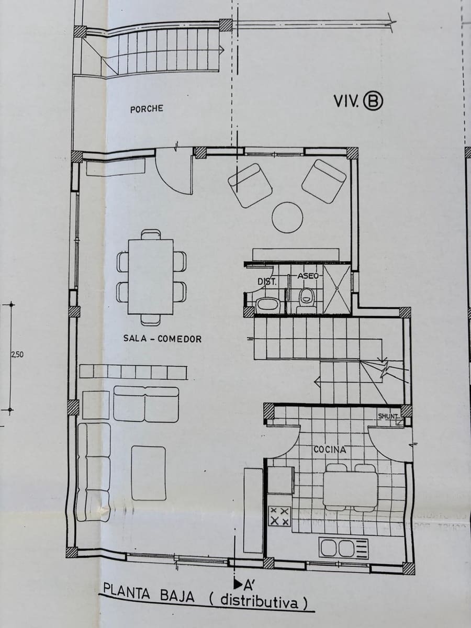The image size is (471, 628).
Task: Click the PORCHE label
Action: coord(147,109)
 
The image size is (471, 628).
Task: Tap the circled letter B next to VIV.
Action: coord(373,101)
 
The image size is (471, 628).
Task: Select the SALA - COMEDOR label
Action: coord(162,339)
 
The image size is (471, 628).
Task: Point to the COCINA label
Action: coord(330,449)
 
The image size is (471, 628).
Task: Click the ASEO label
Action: coord(308,275)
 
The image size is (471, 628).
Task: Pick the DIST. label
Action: coord(266,282)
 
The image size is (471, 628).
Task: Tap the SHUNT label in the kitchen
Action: coord(388,416)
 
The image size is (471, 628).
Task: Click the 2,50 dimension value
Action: coord(17,354)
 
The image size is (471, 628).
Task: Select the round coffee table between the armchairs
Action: coord(287,217)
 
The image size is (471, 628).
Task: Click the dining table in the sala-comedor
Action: coord(151,276)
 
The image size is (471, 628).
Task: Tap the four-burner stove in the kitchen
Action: coord(279,516)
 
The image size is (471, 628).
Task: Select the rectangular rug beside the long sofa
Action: coord(149,473)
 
